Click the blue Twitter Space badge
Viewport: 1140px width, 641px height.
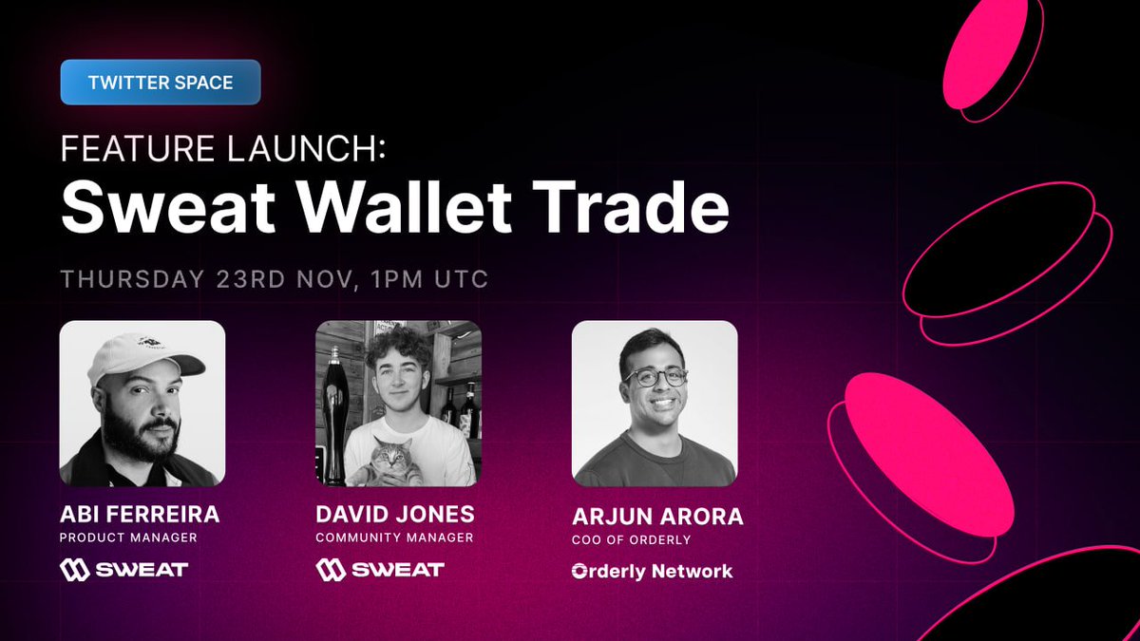[160, 83]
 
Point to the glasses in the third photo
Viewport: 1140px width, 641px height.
[655, 376]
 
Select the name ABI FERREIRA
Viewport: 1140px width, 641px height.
[139, 516]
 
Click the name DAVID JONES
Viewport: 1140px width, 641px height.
[394, 516]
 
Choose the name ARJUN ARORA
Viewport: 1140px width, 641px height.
[657, 518]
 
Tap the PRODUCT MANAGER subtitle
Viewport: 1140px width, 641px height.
[128, 538]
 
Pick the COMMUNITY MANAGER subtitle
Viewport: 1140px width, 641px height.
[394, 538]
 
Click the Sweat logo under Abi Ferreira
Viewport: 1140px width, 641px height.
[123, 570]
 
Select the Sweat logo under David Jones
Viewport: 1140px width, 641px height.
[380, 570]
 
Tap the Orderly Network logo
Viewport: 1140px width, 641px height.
[652, 572]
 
